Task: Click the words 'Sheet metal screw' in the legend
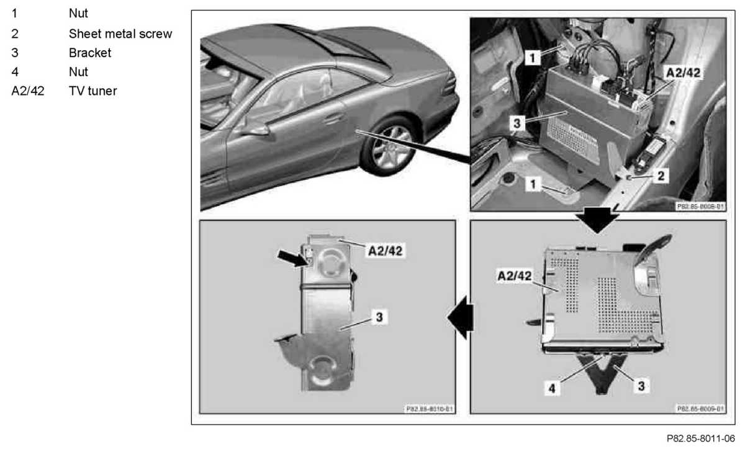click(120, 33)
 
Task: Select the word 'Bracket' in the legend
click(90, 53)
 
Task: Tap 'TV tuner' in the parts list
click(93, 91)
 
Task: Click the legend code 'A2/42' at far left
click(28, 91)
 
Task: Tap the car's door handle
click(335, 117)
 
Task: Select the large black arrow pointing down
click(598, 220)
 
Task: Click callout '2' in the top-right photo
click(661, 176)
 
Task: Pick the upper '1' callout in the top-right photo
click(532, 58)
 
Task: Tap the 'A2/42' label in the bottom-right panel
click(515, 276)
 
